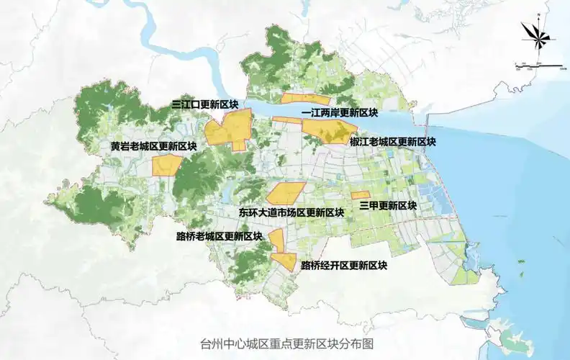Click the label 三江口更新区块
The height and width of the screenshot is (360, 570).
click(204, 105)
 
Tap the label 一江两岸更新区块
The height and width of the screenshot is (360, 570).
click(340, 113)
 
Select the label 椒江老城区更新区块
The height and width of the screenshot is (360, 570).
click(392, 142)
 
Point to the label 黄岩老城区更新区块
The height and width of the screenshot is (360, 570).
click(153, 146)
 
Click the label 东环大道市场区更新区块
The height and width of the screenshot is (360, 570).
click(291, 212)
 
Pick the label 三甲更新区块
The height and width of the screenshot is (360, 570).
click(388, 205)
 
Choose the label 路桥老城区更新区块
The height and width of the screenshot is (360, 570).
click(219, 236)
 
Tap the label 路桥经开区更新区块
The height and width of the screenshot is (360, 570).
click(344, 265)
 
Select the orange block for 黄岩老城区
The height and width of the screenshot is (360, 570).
click(166, 165)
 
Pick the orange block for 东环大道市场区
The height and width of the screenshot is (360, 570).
click(286, 192)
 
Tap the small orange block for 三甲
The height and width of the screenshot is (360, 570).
click(360, 194)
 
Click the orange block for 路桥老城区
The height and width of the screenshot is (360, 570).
click(276, 239)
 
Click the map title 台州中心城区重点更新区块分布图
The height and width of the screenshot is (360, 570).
click(286, 343)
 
